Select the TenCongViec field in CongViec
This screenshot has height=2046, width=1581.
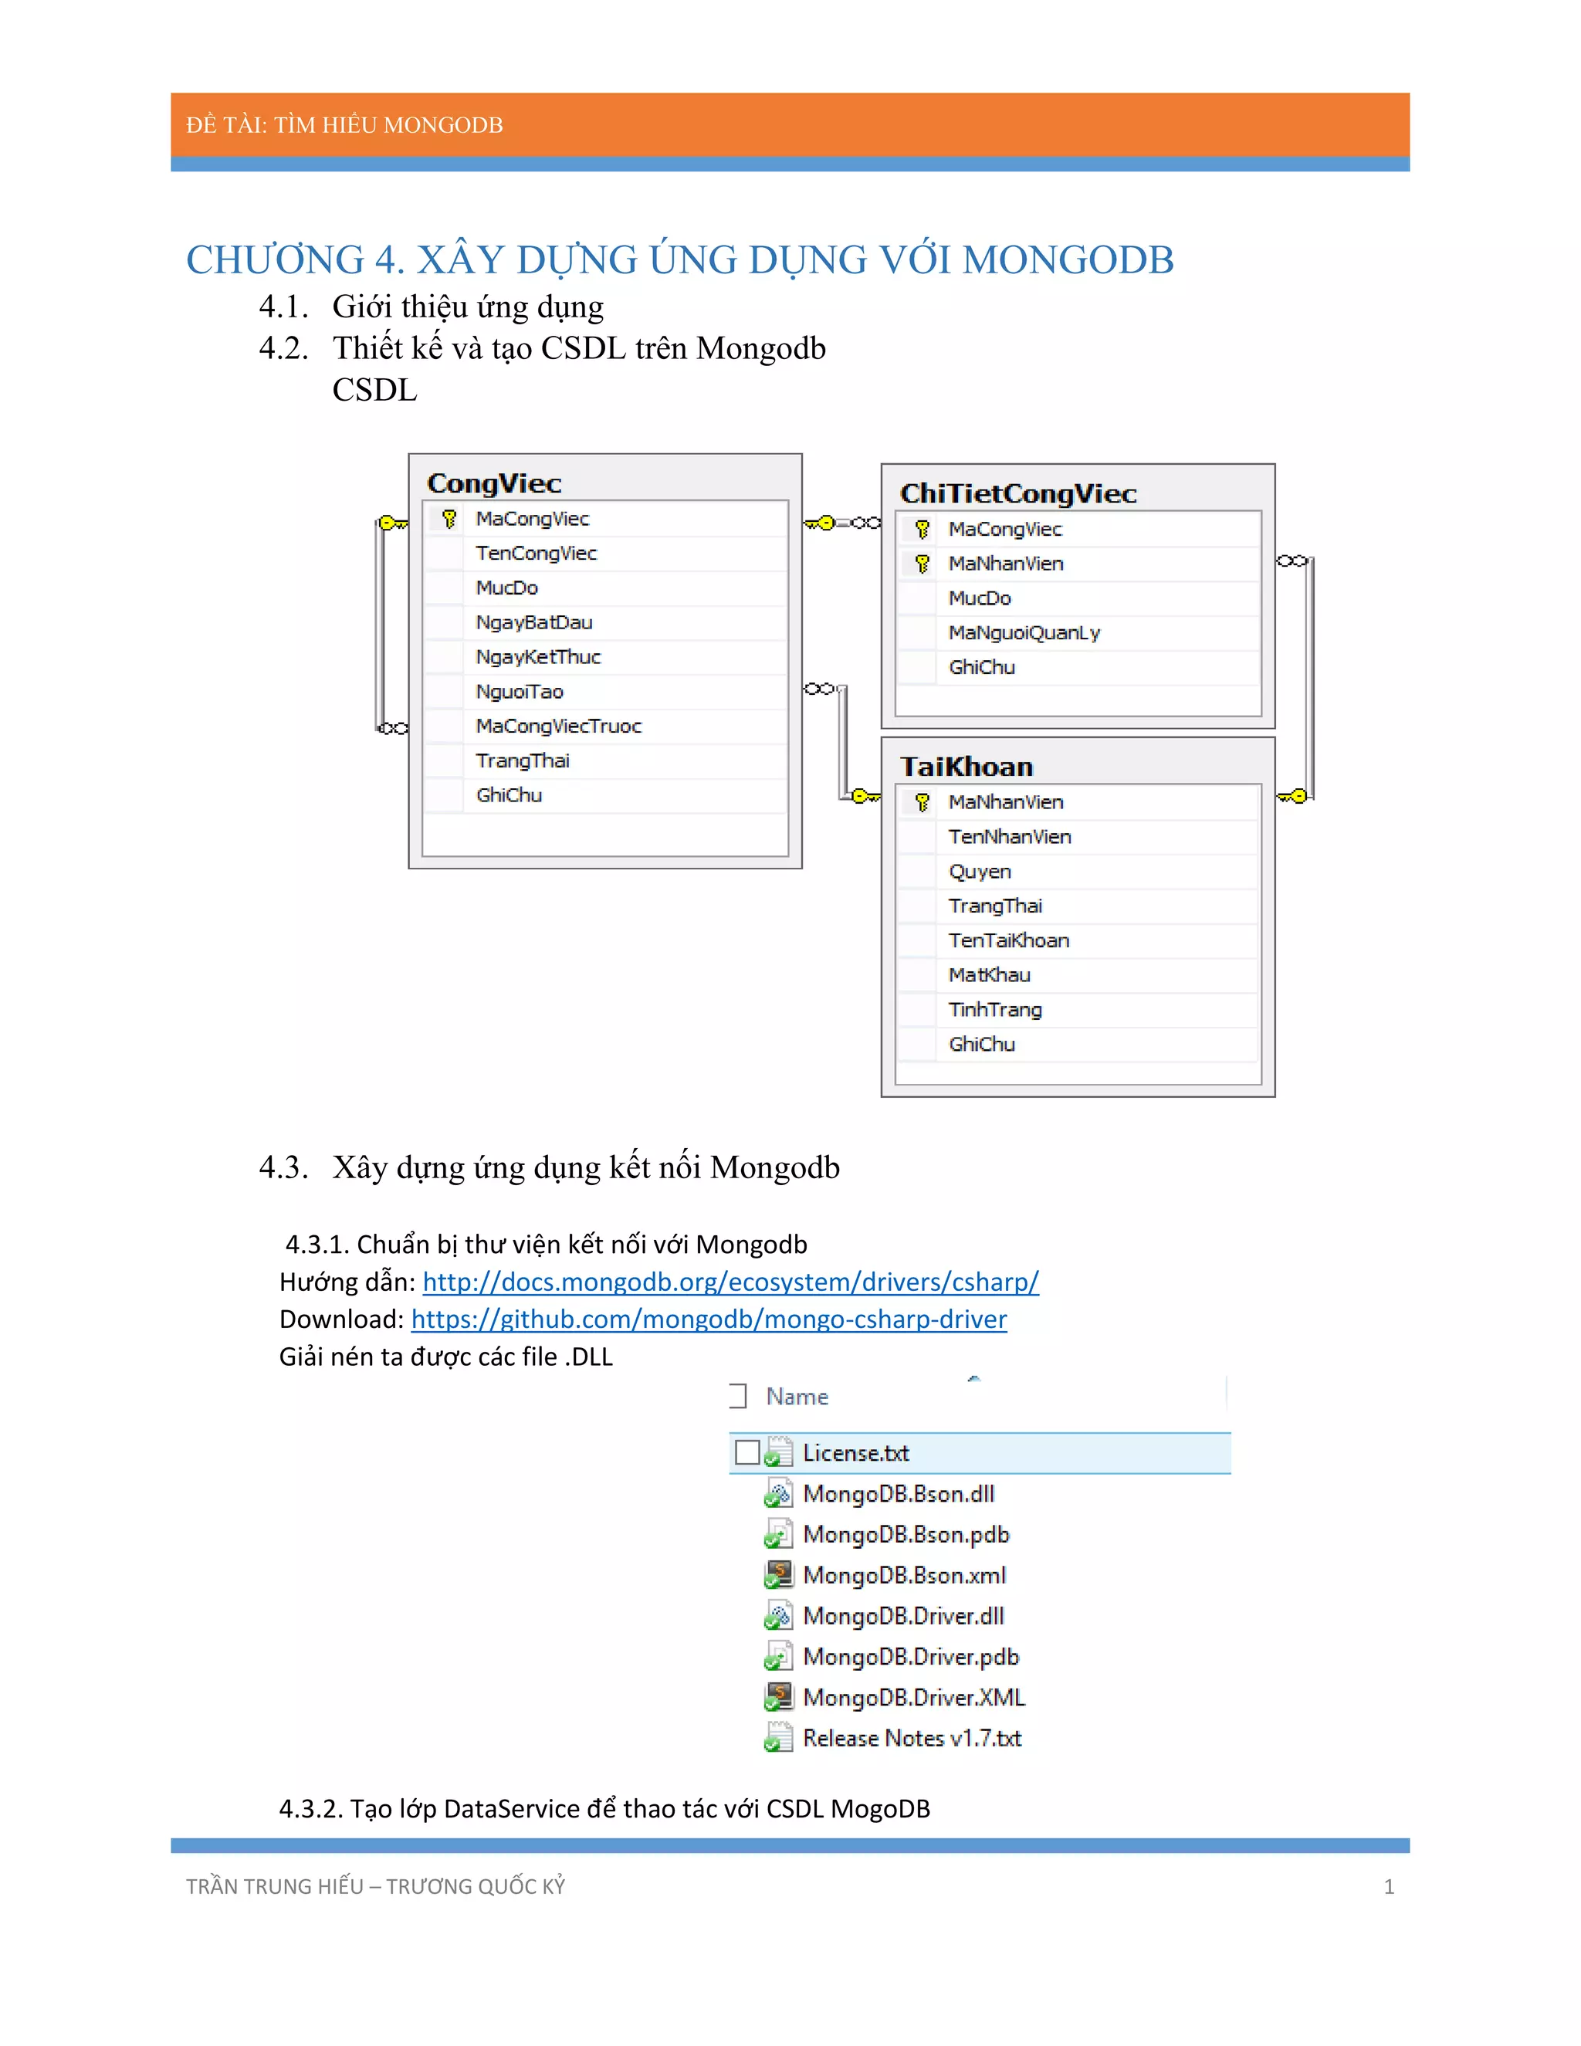pos(536,554)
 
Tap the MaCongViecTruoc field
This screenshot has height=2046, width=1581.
pos(558,726)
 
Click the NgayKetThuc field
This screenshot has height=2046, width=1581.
pos(537,657)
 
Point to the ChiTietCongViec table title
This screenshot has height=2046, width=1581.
pos(1018,493)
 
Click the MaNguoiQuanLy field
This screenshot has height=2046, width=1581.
pos(1024,633)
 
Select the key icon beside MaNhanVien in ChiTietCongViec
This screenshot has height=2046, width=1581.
pos(923,564)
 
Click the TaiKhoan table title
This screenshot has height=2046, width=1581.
pos(966,767)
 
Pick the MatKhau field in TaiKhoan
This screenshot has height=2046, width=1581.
pos(989,975)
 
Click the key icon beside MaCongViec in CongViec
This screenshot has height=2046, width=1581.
pos(449,518)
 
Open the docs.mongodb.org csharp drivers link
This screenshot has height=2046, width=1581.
pos(730,1282)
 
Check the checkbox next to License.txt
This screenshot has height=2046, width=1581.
pos(746,1452)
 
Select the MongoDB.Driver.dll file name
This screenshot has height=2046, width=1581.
pos(903,1616)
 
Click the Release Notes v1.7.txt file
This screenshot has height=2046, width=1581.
pos(912,1738)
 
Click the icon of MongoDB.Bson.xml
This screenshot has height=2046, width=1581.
pos(778,1575)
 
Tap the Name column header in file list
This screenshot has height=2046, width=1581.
pos(797,1397)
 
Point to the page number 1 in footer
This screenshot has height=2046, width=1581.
pos(1389,1887)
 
